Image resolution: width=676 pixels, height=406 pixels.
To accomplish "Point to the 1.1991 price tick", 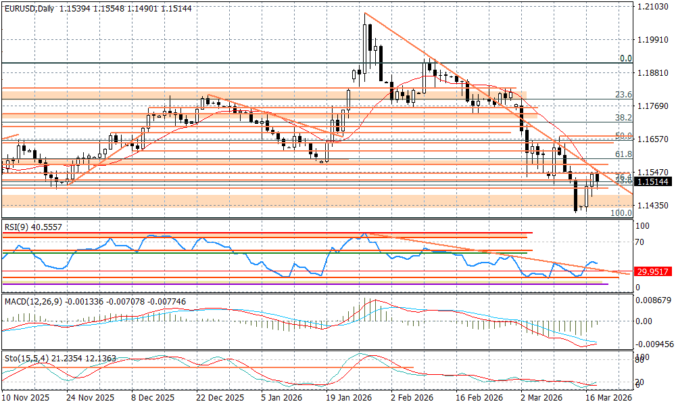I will tap(652, 39).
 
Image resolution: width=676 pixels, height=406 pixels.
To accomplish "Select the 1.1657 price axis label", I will tap(652, 139).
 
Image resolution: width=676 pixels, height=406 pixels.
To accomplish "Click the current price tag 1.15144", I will tap(654, 181).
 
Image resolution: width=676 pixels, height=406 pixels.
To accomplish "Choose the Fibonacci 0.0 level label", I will tap(626, 59).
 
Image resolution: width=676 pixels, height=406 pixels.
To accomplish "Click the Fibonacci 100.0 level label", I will tap(621, 212).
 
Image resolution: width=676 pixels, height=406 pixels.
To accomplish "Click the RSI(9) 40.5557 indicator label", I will tap(32, 227).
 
